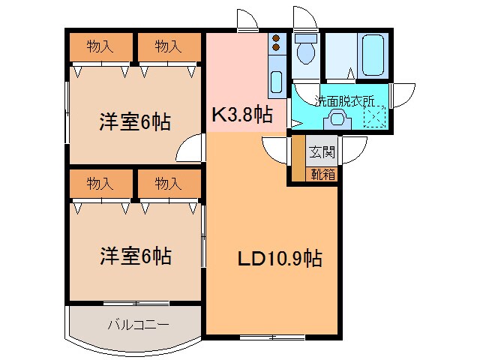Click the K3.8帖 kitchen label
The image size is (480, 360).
pyautogui.click(x=241, y=115)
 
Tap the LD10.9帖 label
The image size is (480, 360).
pyautogui.click(x=280, y=259)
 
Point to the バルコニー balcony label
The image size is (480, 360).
pyautogui.click(x=138, y=325)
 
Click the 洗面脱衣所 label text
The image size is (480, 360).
pyautogui.click(x=344, y=100)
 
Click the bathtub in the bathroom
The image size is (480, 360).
pyautogui.click(x=373, y=52)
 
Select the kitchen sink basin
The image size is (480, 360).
pyautogui.click(x=275, y=83)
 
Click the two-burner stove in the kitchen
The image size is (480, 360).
pyautogui.click(x=275, y=42)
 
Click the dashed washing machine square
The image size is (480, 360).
pyautogui.click(x=375, y=118)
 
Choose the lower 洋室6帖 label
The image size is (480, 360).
pyautogui.click(x=134, y=257)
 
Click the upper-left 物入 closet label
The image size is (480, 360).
pyautogui.click(x=100, y=47)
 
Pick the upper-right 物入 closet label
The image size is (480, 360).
pyautogui.click(x=169, y=47)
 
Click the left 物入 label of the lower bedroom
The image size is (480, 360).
pyautogui.click(x=100, y=182)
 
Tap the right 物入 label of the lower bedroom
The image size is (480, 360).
pyautogui.click(x=169, y=182)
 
